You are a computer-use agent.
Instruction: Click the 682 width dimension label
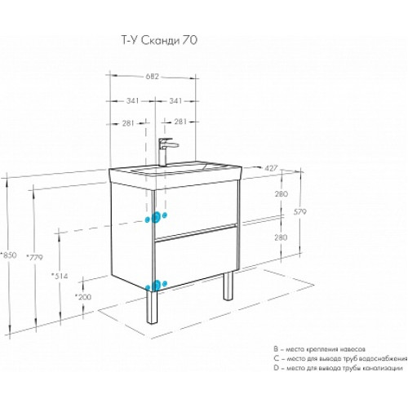pyautogui.click(x=153, y=77)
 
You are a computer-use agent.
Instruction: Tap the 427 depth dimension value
pyautogui.click(x=271, y=168)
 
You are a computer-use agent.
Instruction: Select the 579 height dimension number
pyautogui.click(x=300, y=211)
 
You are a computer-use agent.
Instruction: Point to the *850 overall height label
pyautogui.click(x=9, y=255)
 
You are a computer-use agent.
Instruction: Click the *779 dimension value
pyautogui.click(x=35, y=257)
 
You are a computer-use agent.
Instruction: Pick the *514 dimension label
pyautogui.click(x=60, y=276)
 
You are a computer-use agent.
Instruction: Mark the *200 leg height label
pyautogui.click(x=83, y=297)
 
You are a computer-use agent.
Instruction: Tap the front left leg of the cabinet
pyautogui.click(x=152, y=307)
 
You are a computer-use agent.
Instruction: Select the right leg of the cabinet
pyautogui.click(x=228, y=286)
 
